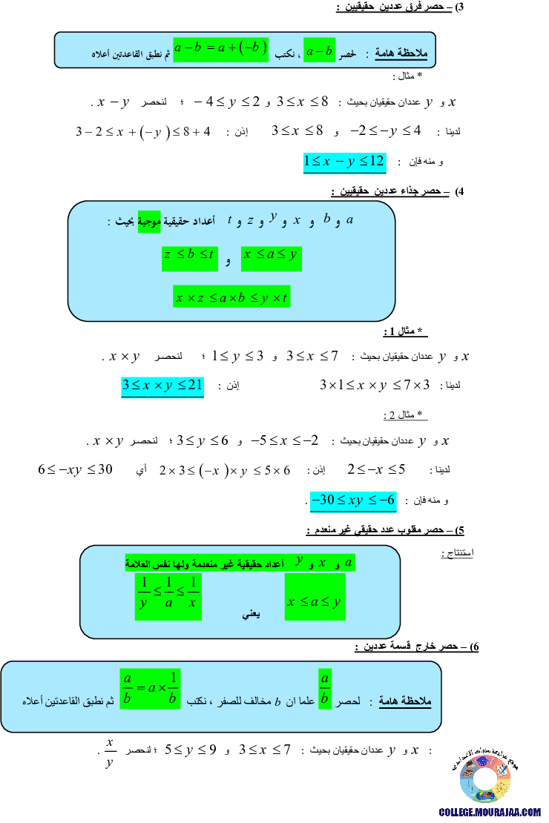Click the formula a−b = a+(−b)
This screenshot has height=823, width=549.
220,49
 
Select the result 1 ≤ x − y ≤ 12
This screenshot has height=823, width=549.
345,162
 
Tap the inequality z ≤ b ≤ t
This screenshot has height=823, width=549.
189,256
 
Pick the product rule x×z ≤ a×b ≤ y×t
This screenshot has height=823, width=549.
231,297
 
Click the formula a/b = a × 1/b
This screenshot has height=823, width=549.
151,688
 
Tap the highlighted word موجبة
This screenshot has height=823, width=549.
149,220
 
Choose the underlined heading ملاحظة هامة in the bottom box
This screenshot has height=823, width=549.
405,700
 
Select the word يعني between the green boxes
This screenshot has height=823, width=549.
251,615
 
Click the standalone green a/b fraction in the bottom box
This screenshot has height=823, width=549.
325,689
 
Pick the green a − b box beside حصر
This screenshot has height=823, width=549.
320,50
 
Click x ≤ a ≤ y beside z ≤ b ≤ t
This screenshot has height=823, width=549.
272,256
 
